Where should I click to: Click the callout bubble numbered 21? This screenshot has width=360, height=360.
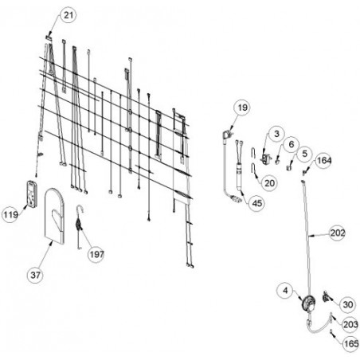(x=68, y=15)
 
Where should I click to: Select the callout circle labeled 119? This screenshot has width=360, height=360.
(x=10, y=214)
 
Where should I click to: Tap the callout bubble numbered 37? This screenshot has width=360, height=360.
(x=35, y=275)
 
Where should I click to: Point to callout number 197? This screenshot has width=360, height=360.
(x=96, y=254)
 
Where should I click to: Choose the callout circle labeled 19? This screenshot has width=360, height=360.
(x=242, y=108)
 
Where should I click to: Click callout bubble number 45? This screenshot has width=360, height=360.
(x=256, y=203)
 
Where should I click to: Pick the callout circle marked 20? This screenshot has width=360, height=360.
(x=269, y=183)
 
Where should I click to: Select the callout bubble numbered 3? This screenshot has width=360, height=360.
(x=276, y=134)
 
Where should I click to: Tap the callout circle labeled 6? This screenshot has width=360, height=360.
(x=292, y=144)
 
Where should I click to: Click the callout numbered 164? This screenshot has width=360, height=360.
(x=324, y=160)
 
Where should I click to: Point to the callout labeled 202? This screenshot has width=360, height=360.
(x=338, y=233)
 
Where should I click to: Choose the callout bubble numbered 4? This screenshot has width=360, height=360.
(x=285, y=291)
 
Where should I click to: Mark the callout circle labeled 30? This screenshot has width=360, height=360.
(x=347, y=304)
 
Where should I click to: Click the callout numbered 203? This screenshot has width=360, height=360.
(x=350, y=324)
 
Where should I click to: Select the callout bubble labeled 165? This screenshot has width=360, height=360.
(x=351, y=343)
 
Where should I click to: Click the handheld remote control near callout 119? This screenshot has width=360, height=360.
(x=32, y=194)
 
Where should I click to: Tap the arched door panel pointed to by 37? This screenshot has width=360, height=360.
(x=54, y=216)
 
